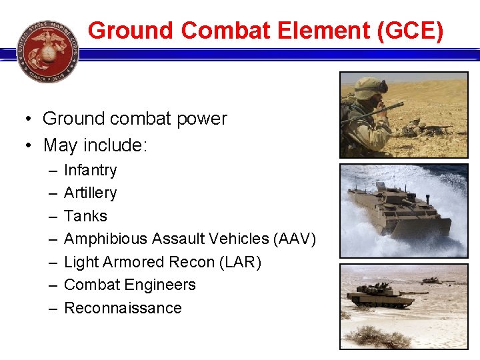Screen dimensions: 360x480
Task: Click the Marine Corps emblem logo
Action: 47,51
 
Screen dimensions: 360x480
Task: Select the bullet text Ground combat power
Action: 135,119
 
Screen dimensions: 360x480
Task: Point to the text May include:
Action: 95,145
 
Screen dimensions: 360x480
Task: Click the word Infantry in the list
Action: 91,170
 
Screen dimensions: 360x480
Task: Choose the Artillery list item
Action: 91,193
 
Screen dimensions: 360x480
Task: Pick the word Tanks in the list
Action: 85,216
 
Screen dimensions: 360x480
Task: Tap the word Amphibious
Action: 106,239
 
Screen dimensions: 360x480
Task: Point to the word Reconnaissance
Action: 123,308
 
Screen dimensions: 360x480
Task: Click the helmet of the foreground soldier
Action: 370,87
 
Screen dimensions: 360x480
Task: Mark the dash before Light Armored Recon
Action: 53,262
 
